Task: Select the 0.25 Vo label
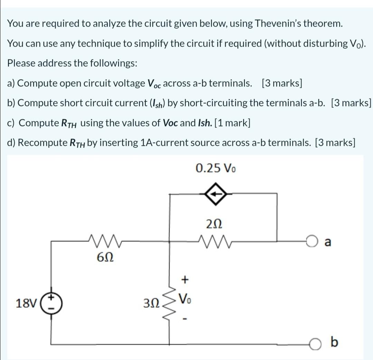(216, 168)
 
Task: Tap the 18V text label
(26, 304)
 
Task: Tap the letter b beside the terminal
(334, 342)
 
